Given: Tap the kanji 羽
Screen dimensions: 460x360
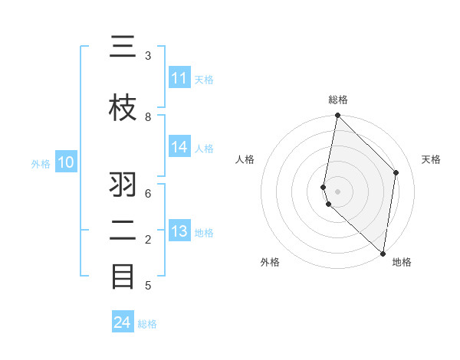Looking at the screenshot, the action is tap(123, 185).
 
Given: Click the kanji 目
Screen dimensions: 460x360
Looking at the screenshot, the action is tap(123, 276).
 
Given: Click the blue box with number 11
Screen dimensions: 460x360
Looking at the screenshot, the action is tap(179, 78).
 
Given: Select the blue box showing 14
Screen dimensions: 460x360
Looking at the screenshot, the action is tap(179, 148).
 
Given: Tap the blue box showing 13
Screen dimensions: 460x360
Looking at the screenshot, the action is tap(179, 232).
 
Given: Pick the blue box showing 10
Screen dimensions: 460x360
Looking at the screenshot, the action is tap(66, 162).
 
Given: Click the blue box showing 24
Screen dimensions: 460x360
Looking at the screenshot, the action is tap(123, 322).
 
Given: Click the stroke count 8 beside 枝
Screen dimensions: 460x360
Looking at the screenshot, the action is tap(148, 116).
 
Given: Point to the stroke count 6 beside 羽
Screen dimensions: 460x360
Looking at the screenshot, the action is tap(148, 194).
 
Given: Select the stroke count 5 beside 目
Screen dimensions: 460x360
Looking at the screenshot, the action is tap(148, 286).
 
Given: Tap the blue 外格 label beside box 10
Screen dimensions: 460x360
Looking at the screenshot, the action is tap(41, 163).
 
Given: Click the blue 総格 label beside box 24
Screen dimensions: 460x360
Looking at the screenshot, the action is tap(147, 324).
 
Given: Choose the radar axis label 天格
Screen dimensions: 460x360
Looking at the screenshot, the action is tap(431, 159).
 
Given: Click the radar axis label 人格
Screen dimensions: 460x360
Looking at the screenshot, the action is tap(245, 159).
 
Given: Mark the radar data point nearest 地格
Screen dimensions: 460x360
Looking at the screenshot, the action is tap(383, 253).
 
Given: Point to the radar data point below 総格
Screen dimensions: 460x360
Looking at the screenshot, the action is tap(337, 116).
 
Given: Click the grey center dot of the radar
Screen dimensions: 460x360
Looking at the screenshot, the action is tap(337, 191).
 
